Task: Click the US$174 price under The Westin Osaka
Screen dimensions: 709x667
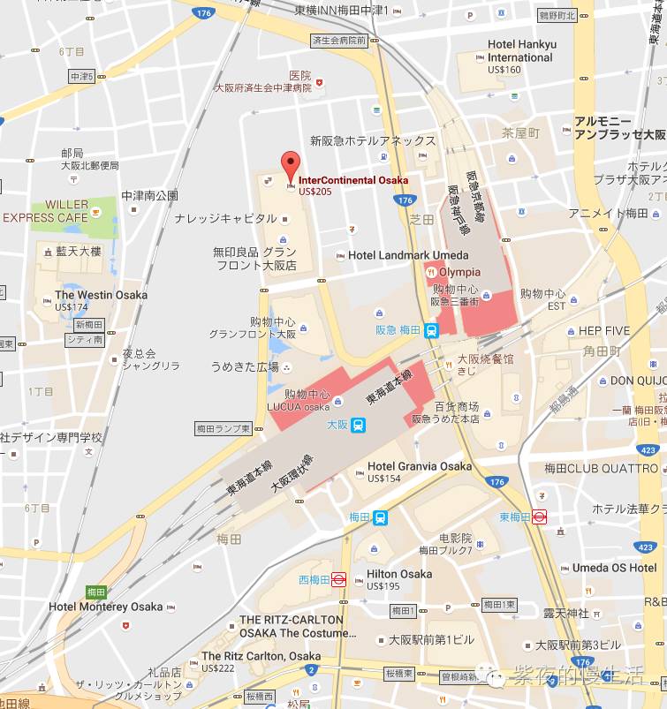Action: coord(72,307)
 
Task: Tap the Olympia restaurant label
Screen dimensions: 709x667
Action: coord(459,272)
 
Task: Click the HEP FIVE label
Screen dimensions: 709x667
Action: coord(604,331)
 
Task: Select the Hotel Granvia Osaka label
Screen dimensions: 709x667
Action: coord(420,466)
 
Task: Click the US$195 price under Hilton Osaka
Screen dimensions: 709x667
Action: coord(383,586)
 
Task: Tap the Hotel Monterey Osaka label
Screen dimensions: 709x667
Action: coord(106,607)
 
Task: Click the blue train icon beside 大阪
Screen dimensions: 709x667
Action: coord(359,426)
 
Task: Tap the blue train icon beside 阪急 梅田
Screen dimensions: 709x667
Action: coord(431,331)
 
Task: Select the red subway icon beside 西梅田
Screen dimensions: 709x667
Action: coord(337,580)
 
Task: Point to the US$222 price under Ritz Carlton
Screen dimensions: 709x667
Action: coord(220,668)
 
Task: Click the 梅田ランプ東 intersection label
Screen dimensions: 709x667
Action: coord(228,429)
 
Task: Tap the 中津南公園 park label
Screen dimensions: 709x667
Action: coord(149,196)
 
